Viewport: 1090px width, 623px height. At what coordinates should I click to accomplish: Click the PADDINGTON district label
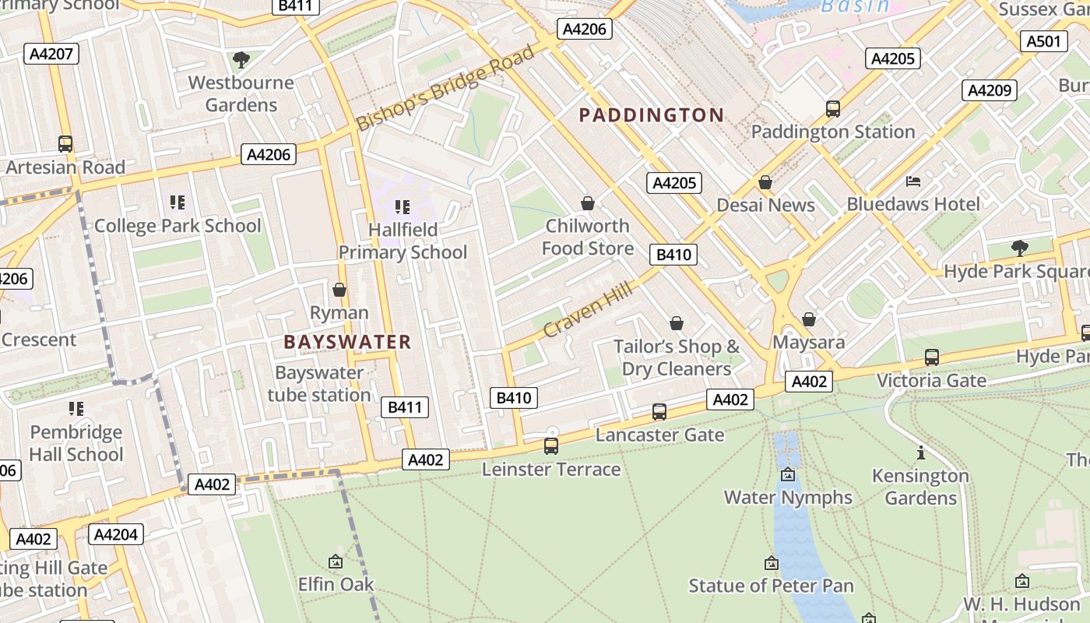pos(652,115)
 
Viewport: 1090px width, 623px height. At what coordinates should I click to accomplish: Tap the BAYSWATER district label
pos(347,342)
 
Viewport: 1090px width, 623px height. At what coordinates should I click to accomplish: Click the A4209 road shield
pos(990,90)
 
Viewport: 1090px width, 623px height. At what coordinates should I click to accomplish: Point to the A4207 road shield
pos(51,54)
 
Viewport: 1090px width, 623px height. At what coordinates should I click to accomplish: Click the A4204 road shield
pos(116,534)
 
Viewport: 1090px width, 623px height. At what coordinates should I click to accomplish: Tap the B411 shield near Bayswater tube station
pos(405,407)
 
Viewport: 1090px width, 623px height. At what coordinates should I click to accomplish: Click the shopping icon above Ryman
pos(339,290)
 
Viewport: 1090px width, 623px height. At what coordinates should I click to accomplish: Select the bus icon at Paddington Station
pos(833,109)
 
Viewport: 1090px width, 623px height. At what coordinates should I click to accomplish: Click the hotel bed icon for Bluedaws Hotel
pos(913,181)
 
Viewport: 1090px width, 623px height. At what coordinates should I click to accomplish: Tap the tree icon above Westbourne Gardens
pos(241,60)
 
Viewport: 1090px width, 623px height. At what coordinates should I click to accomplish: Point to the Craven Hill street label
pos(589,309)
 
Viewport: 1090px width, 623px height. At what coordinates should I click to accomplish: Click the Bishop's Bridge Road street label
pos(446,87)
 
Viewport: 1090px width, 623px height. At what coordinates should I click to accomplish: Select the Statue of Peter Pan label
pos(771,586)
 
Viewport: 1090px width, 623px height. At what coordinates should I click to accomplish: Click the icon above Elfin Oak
pos(336,561)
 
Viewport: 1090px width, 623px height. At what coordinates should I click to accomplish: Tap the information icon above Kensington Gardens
pos(921,452)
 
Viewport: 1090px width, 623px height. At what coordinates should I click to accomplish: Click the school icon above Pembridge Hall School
pos(76,409)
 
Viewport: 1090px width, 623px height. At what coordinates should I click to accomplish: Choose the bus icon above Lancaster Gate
pos(659,412)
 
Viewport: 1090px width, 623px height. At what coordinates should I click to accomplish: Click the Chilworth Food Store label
pos(588,237)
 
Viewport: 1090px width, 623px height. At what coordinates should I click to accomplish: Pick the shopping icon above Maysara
pos(809,319)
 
